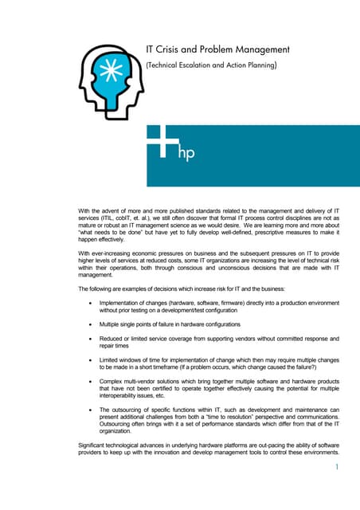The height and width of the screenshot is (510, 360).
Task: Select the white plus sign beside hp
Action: point(162,143)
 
